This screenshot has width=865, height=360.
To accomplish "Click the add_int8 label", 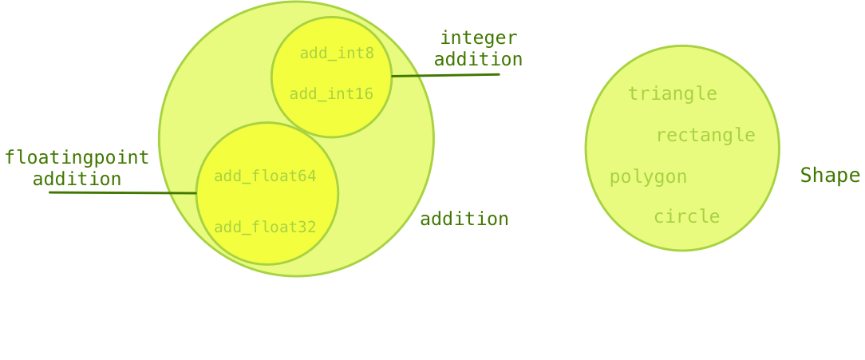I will pyautogui.click(x=337, y=53).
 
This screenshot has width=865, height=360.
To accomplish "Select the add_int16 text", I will pyautogui.click(x=331, y=94).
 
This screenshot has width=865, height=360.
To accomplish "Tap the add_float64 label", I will pyautogui.click(x=265, y=176).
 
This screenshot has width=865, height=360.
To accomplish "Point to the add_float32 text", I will pyautogui.click(x=265, y=227).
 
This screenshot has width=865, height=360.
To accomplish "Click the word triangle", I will pyautogui.click(x=672, y=94).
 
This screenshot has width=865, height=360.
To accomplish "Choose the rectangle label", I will pyautogui.click(x=705, y=136).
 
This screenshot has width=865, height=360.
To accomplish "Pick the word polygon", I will pyautogui.click(x=648, y=177).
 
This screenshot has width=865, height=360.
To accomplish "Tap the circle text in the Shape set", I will pyautogui.click(x=686, y=217).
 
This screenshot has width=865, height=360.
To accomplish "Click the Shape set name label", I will pyautogui.click(x=830, y=176).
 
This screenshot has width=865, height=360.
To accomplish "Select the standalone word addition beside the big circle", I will pyautogui.click(x=464, y=219).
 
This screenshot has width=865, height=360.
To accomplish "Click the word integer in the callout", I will pyautogui.click(x=479, y=38).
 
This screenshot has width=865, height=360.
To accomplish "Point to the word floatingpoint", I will pyautogui.click(x=77, y=157).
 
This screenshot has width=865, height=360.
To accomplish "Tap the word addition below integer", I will pyautogui.click(x=479, y=59).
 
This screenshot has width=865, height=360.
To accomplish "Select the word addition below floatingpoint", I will pyautogui.click(x=77, y=179).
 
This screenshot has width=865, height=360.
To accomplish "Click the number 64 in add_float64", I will pyautogui.click(x=306, y=176).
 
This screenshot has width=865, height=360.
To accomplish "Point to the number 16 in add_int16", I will pyautogui.click(x=364, y=94).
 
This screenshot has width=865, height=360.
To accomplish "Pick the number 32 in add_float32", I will pyautogui.click(x=306, y=227).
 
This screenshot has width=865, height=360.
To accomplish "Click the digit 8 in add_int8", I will pyautogui.click(x=369, y=53).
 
